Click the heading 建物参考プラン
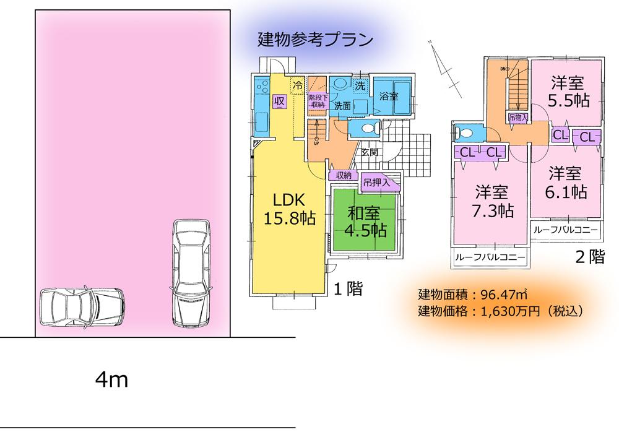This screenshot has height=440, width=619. tap(315, 40)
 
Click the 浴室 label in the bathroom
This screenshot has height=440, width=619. tap(389, 97)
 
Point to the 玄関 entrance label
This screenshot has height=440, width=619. tap(370, 152)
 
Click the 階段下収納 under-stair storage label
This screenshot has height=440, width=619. tap(316, 101)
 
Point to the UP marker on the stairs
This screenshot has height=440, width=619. tap(316, 144)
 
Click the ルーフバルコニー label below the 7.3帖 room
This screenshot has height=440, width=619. tap(490, 257)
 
